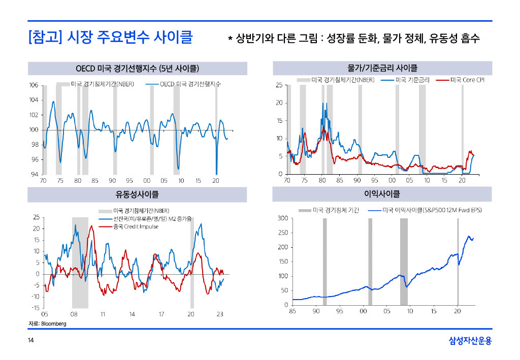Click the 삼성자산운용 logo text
pyautogui.click(x=470, y=341)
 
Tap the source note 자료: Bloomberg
pyautogui.click(x=47, y=323)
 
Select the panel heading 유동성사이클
pyautogui.click(x=137, y=194)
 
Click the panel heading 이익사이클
pyautogui.click(x=382, y=194)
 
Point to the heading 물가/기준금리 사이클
pyautogui.click(x=382, y=68)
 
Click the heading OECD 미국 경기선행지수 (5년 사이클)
pyautogui.click(x=137, y=68)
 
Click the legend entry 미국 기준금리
pyautogui.click(x=413, y=80)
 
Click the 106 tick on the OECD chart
pyautogui.click(x=33, y=85)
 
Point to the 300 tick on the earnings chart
pyautogui.click(x=282, y=218)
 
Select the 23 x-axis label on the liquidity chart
pyautogui.click(x=220, y=314)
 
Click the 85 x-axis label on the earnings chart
pyautogui.click(x=292, y=311)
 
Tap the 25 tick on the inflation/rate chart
pyautogui.click(x=279, y=85)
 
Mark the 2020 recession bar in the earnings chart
pyautogui.click(x=458, y=261)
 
